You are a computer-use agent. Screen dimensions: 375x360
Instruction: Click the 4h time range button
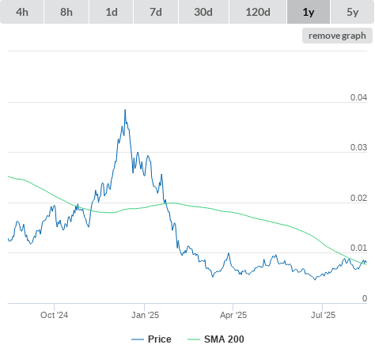(22, 12)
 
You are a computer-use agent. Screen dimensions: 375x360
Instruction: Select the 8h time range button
(66, 12)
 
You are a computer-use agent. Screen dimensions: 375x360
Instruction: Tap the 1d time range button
(112, 12)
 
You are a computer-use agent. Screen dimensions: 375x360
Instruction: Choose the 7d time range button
(156, 12)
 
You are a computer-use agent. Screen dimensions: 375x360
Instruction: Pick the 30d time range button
(203, 12)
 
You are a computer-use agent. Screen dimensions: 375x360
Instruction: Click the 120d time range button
(258, 12)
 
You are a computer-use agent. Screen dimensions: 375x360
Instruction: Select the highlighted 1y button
(309, 12)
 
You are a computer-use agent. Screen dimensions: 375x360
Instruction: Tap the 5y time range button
(353, 12)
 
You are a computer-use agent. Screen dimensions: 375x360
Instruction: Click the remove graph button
(337, 36)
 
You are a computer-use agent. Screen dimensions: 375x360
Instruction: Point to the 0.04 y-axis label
(358, 97)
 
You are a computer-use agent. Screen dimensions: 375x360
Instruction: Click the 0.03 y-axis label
(358, 147)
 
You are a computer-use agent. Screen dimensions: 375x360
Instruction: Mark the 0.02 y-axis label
(358, 198)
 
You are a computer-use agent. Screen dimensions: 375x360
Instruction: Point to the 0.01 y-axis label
(358, 248)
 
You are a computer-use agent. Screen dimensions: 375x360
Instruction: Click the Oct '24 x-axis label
(54, 315)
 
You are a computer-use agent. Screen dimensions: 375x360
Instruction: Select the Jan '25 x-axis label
(145, 315)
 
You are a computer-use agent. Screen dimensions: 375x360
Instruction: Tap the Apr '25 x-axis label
(233, 315)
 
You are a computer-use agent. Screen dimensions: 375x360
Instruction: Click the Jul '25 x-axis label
(323, 315)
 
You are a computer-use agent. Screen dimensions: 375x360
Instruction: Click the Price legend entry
(151, 339)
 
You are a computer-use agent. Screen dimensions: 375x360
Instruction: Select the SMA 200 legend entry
(216, 339)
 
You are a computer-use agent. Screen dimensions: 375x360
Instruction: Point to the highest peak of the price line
(125, 110)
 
